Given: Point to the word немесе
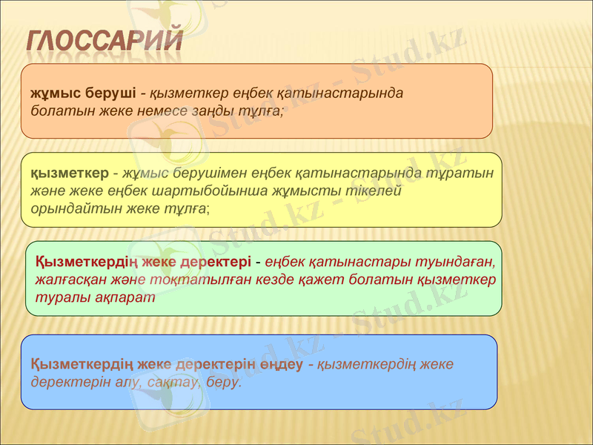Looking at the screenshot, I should pos(165,111).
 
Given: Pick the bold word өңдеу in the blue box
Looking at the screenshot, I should pos(281,365).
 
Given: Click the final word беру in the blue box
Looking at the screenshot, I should pos(222,382).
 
